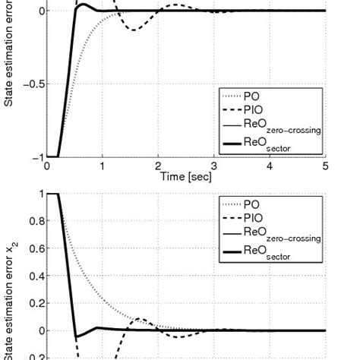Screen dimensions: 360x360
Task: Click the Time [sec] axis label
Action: tap(186, 175)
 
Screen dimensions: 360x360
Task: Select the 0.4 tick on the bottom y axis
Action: tap(33, 276)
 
